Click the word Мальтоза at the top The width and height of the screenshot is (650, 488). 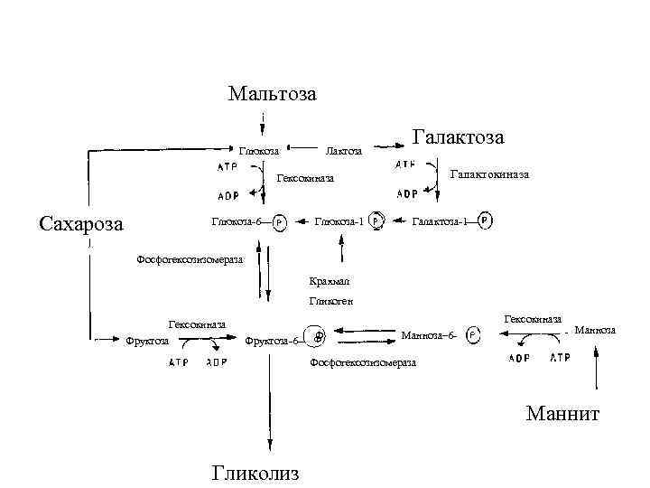coord(273,93)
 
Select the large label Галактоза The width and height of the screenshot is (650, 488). coord(458,136)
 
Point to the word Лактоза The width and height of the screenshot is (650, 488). coord(343,151)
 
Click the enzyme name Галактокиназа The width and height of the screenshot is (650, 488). coord(489,174)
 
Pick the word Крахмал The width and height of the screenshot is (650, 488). coord(326,280)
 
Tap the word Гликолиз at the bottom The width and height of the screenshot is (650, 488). coord(255,473)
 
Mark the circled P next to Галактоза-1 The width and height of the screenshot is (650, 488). coord(486,220)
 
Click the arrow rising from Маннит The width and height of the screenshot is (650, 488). coord(596,375)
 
